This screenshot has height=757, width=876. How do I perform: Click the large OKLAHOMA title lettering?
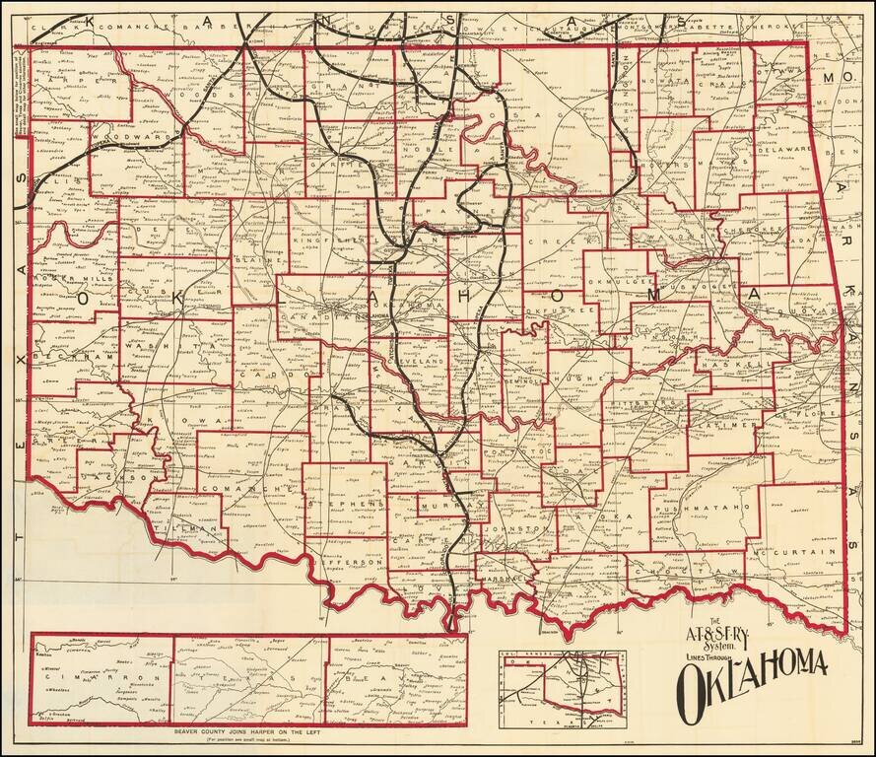pyautogui.click(x=752, y=676)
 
